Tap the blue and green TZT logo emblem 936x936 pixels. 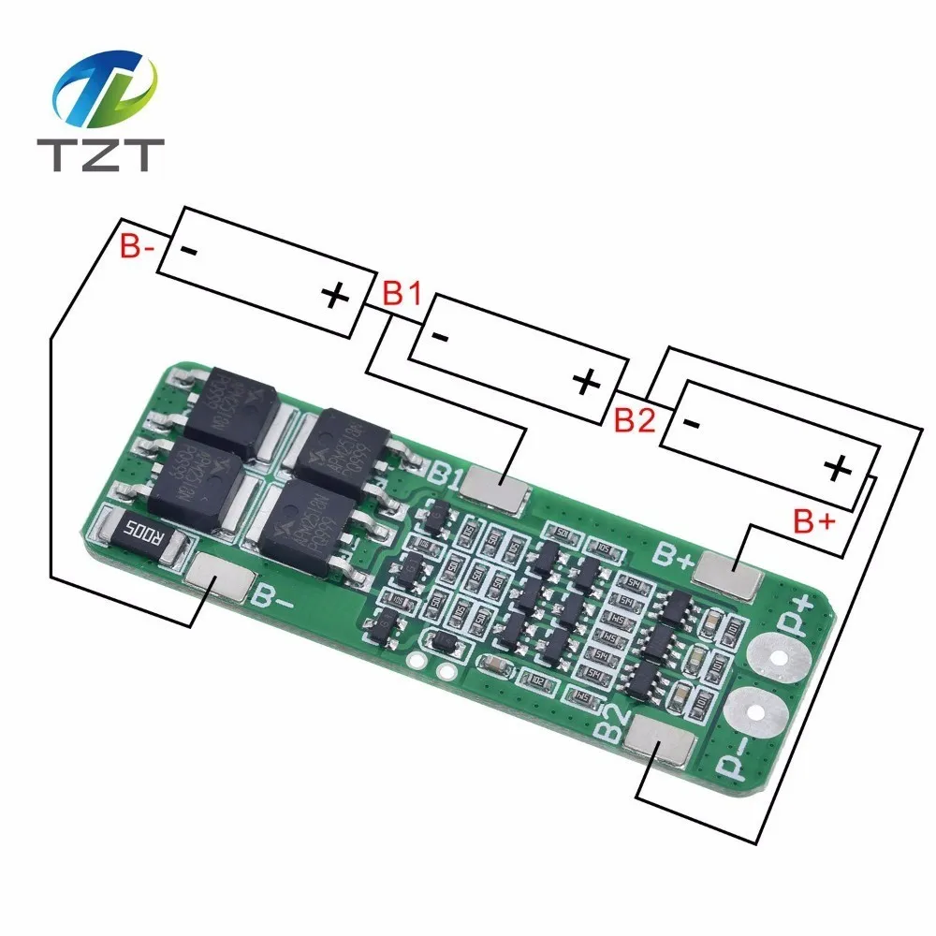103,90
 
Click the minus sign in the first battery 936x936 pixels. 187,251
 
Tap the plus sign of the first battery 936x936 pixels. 334,297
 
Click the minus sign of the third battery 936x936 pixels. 693,423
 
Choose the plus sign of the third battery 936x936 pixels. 838,467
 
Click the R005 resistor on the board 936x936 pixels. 139,538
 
